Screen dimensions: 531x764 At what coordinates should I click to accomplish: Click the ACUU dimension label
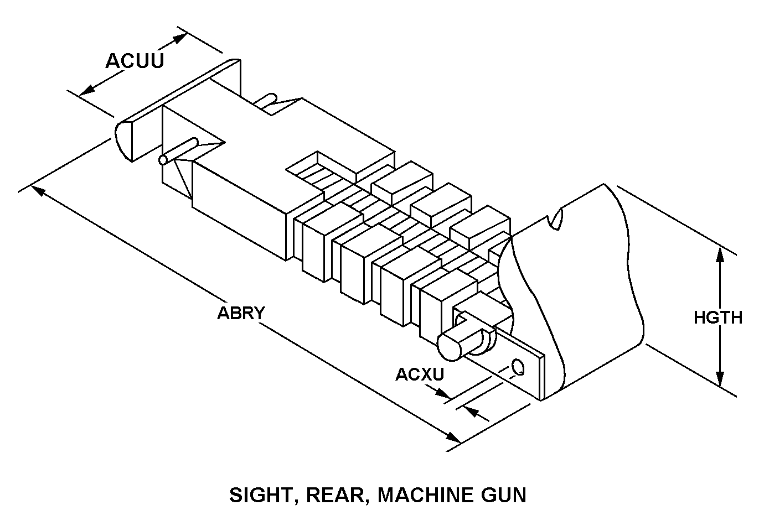[135, 61]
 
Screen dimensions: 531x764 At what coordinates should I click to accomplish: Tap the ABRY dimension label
[241, 313]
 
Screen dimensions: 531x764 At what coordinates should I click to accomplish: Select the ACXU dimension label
[420, 374]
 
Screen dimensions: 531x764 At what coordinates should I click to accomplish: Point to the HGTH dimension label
[718, 317]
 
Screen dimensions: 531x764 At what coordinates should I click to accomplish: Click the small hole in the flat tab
[519, 366]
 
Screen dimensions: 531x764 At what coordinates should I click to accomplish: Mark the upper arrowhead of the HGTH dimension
[720, 254]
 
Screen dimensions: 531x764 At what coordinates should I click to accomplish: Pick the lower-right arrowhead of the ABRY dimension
[454, 438]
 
